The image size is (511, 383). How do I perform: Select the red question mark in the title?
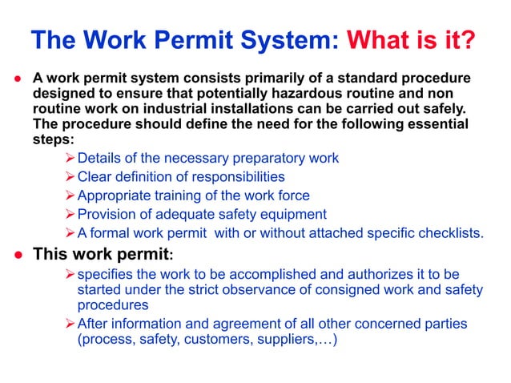click(x=466, y=40)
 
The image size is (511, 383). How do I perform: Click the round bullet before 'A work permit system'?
click(x=17, y=80)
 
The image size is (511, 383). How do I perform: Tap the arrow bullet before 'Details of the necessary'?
click(x=70, y=159)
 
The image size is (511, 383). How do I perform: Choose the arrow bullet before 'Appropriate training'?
click(x=70, y=196)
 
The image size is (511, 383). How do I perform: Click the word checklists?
click(x=445, y=234)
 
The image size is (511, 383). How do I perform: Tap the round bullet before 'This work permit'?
click(x=17, y=256)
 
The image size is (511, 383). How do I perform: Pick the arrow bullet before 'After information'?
click(x=70, y=325)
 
